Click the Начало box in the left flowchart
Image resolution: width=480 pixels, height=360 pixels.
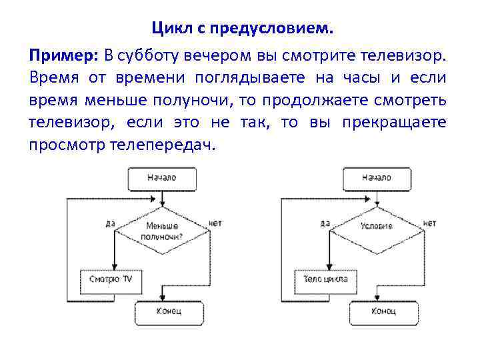click(161, 179)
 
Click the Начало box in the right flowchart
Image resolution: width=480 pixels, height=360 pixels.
click(376, 179)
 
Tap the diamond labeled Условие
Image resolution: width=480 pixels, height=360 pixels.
click(377, 227)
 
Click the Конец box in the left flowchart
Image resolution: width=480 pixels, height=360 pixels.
click(169, 312)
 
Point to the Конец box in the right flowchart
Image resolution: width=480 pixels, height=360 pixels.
click(383, 312)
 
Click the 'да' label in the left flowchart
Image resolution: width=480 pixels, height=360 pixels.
click(110, 223)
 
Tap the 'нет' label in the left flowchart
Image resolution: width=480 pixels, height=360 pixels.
click(215, 223)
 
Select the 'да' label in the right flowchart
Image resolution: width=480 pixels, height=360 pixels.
click(325, 223)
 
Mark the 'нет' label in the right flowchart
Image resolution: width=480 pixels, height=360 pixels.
click(430, 223)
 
